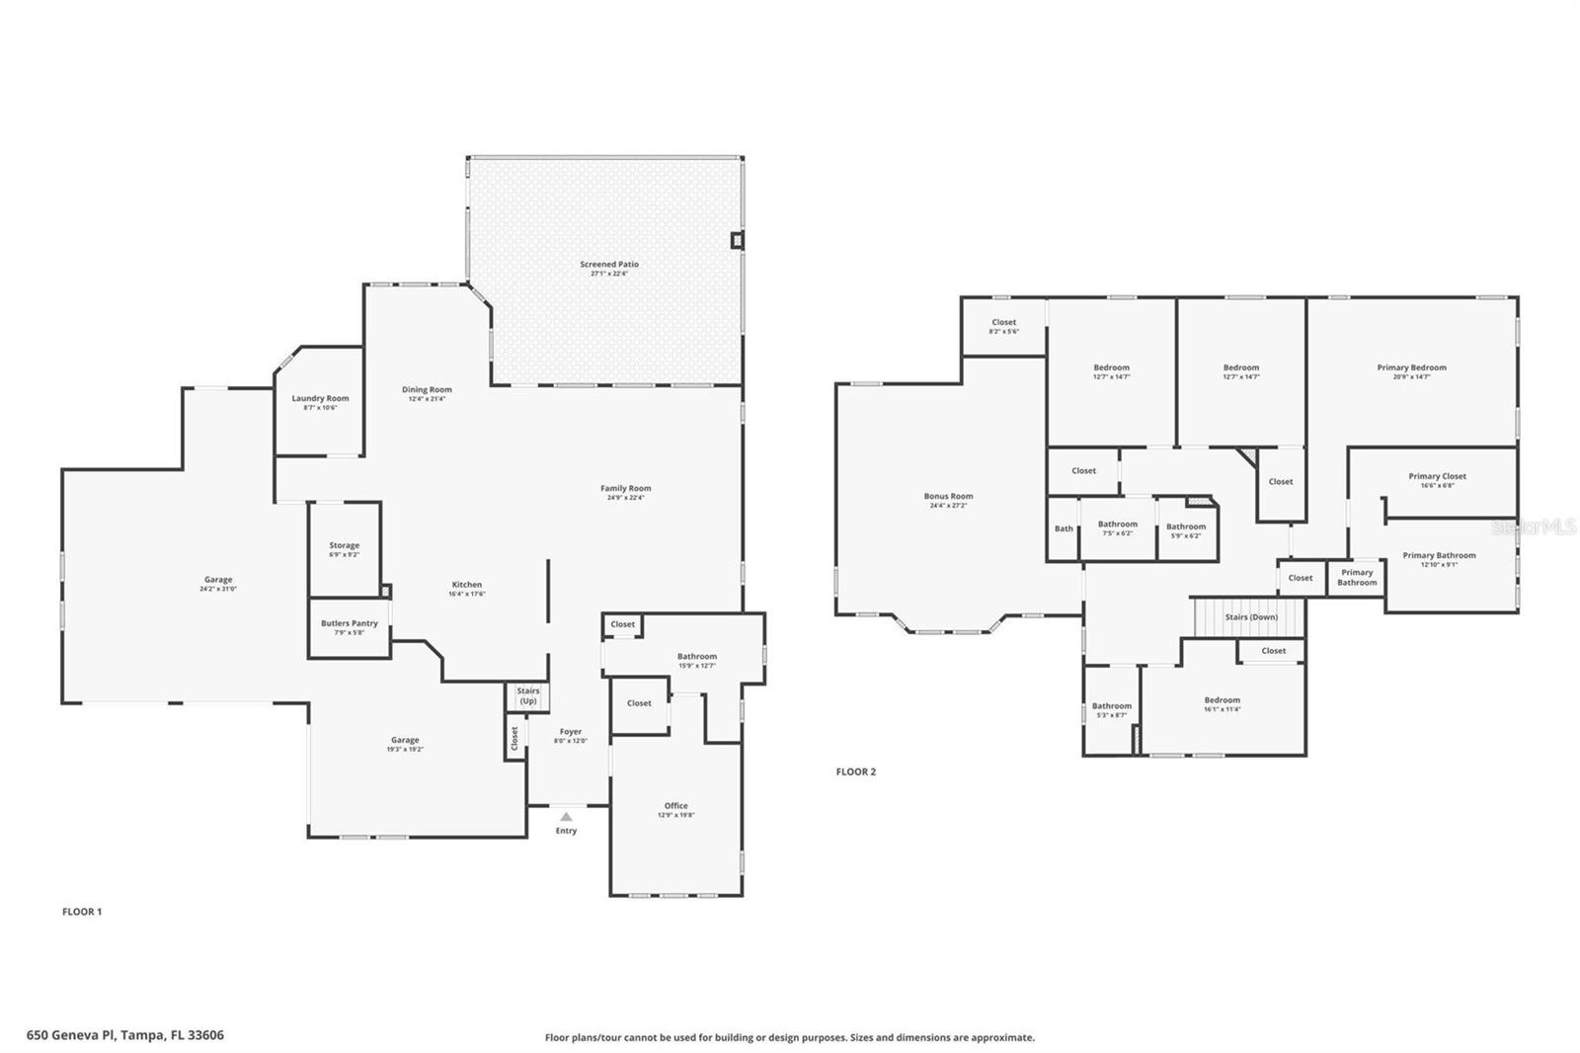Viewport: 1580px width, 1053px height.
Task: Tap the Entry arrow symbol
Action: tap(566, 817)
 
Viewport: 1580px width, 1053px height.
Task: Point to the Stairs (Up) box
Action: tap(528, 695)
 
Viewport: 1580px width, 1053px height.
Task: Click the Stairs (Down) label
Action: tap(1251, 616)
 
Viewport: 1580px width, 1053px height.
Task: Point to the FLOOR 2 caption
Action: tap(855, 771)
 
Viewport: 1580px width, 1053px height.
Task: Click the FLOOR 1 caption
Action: tap(82, 912)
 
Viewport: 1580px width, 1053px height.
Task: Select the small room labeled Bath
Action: tap(1064, 528)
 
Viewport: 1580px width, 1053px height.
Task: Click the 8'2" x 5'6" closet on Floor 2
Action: tap(1003, 326)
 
